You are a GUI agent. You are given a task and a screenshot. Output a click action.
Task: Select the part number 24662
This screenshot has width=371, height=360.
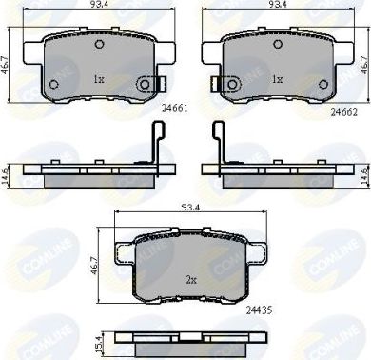(344, 110)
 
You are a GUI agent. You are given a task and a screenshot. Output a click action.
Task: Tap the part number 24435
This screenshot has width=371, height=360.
(257, 308)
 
